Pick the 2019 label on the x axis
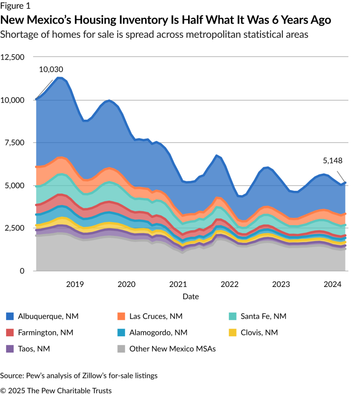75,284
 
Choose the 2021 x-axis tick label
178,284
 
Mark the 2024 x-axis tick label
333,284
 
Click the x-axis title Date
190,296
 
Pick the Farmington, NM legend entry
45,332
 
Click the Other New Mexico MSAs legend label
172,349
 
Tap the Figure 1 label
15,6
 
